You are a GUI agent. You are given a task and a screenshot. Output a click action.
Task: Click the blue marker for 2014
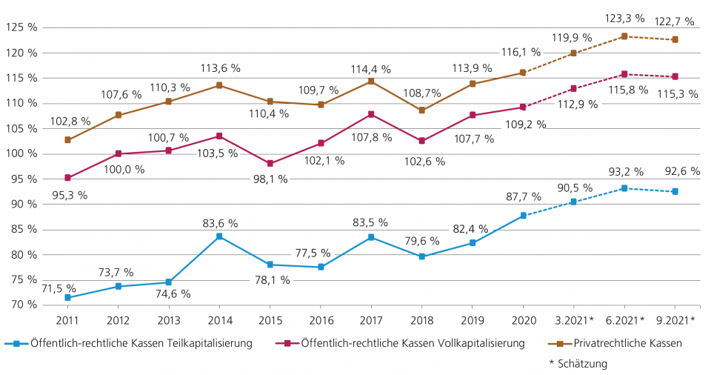pyautogui.click(x=218, y=236)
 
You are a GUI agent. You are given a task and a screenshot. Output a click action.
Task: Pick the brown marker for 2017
pyautogui.click(x=371, y=81)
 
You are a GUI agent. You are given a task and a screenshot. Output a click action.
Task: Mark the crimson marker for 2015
pyautogui.click(x=270, y=163)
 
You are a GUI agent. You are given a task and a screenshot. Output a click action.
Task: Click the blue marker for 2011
pyautogui.click(x=67, y=297)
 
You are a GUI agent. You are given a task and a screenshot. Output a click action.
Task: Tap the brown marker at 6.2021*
pyautogui.click(x=624, y=36)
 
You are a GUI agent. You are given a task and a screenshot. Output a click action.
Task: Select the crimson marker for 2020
pyautogui.click(x=523, y=107)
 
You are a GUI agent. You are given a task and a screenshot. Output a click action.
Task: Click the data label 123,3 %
pyautogui.click(x=625, y=18)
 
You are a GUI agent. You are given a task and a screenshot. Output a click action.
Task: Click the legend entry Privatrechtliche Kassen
pyautogui.click(x=627, y=343)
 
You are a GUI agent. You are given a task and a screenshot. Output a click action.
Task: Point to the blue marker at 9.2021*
pyautogui.click(x=675, y=191)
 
